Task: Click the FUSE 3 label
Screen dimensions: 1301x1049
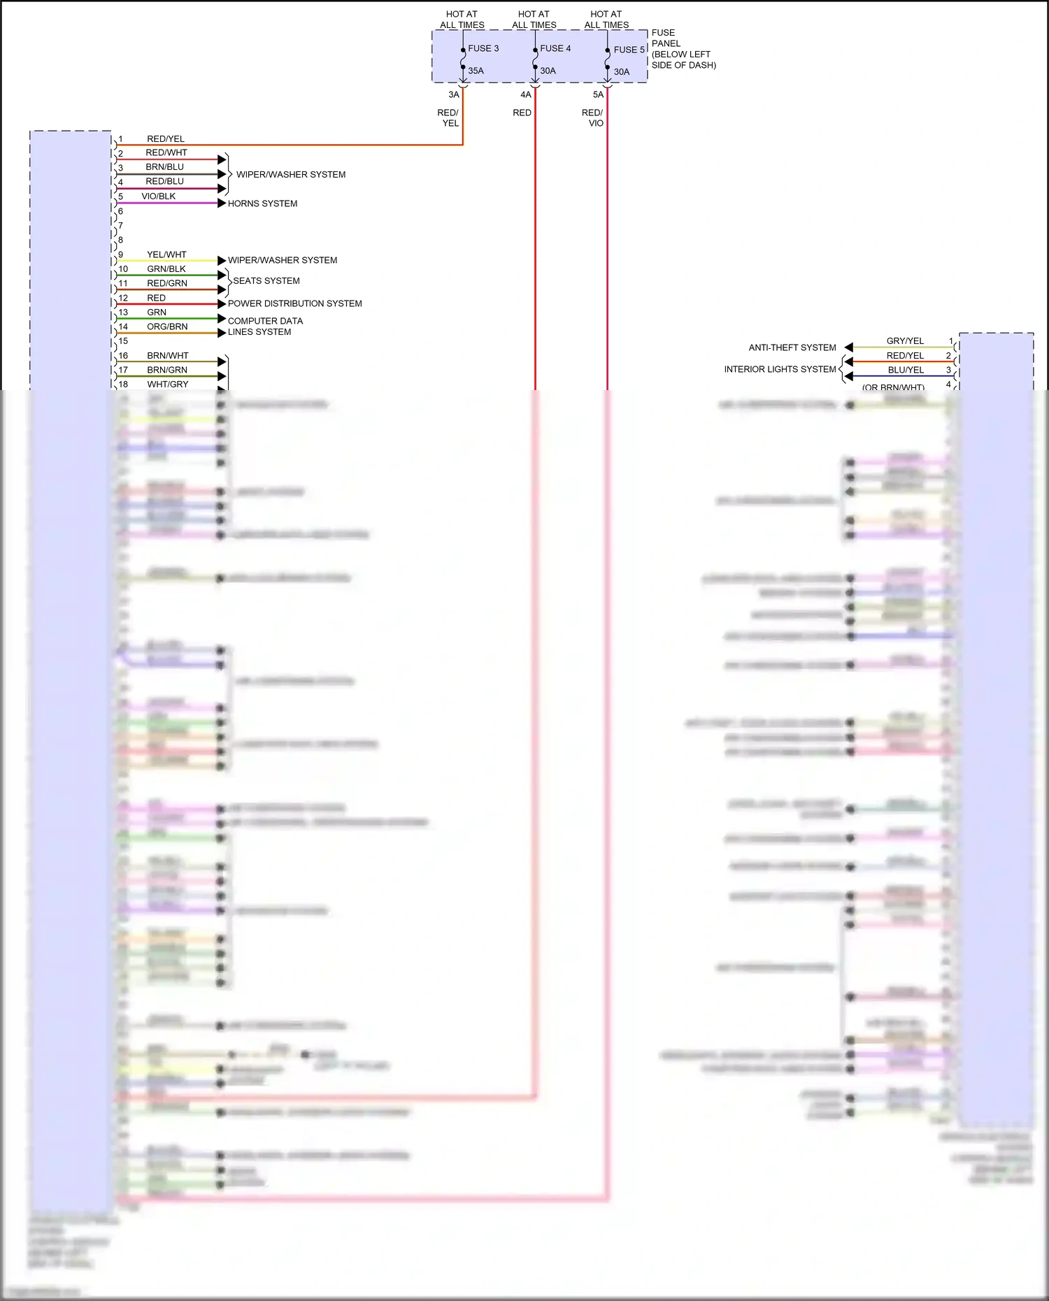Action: point(483,48)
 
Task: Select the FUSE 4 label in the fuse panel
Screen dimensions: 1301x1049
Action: point(555,48)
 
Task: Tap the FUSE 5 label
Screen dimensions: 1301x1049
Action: point(629,50)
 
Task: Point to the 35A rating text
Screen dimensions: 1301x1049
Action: point(476,71)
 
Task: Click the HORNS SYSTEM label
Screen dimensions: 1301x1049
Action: point(262,203)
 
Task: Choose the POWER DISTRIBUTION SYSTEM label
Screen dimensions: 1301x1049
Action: point(294,303)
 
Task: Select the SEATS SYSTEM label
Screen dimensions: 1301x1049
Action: point(266,281)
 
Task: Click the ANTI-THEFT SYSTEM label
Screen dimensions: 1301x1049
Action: point(792,347)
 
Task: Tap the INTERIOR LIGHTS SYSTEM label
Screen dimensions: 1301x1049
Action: point(780,369)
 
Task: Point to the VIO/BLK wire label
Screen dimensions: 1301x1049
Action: point(159,196)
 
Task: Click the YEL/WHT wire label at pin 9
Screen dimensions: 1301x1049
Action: point(166,254)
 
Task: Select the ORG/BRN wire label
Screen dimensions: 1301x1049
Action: point(167,326)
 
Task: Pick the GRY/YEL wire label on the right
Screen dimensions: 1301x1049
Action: point(905,341)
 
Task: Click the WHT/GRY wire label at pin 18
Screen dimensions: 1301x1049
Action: point(168,384)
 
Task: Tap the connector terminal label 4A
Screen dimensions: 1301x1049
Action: point(526,95)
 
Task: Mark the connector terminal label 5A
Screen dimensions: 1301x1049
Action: point(598,95)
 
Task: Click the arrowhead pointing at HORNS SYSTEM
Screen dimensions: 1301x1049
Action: point(222,203)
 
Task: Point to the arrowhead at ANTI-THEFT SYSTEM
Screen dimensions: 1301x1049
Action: point(848,347)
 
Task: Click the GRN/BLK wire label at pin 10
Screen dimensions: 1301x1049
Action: point(166,269)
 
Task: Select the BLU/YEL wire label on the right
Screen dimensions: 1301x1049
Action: point(906,370)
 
